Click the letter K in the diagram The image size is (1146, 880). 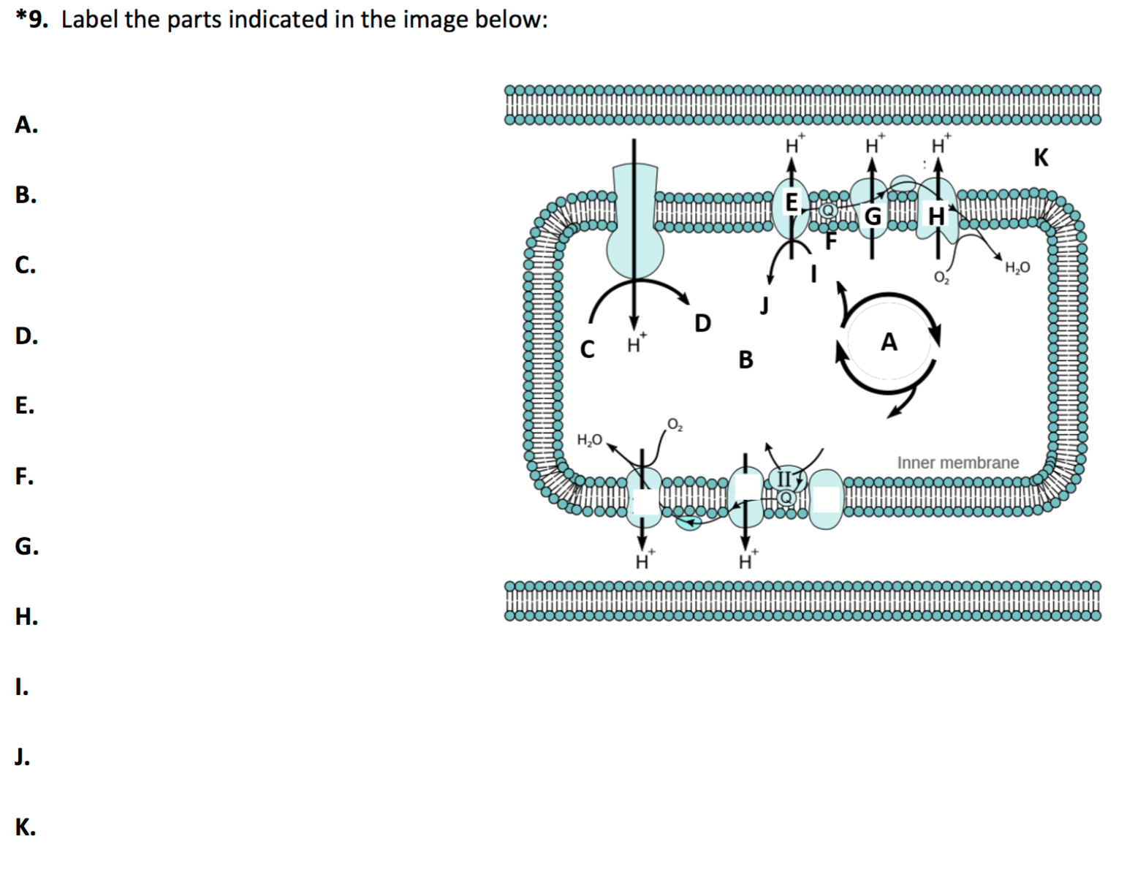pyautogui.click(x=1041, y=157)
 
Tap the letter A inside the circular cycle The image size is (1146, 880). pyautogui.click(x=889, y=341)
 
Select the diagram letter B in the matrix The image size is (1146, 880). pyautogui.click(x=745, y=360)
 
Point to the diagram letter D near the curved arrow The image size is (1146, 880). pyautogui.click(x=702, y=322)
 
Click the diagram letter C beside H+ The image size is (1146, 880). pyautogui.click(x=587, y=349)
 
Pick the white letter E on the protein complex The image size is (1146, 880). pyautogui.click(x=791, y=202)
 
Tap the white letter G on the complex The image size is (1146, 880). pyautogui.click(x=873, y=216)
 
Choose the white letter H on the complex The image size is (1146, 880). pyautogui.click(x=936, y=216)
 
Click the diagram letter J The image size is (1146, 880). pyautogui.click(x=764, y=304)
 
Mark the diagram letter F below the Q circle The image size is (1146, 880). pyautogui.click(x=830, y=240)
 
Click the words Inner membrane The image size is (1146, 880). pyautogui.click(x=957, y=463)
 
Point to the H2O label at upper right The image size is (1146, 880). pyautogui.click(x=1017, y=268)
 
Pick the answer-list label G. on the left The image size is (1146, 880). pyautogui.click(x=26, y=546)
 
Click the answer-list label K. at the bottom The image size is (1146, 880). pyautogui.click(x=25, y=827)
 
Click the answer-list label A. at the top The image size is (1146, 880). pyautogui.click(x=26, y=125)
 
